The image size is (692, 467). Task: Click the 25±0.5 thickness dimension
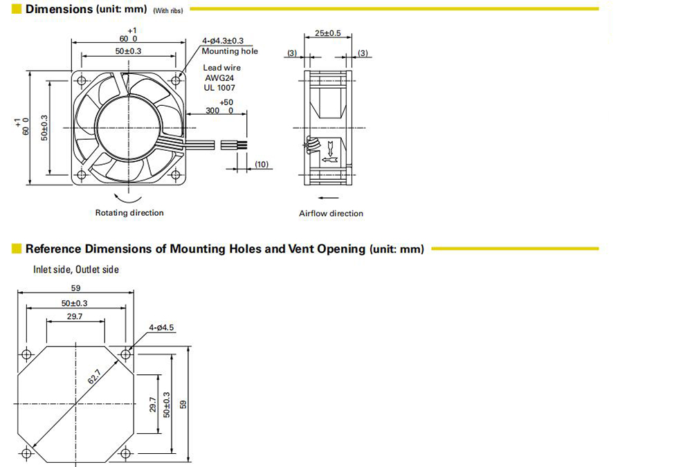[327, 33]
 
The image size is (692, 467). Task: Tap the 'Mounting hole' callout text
[230, 51]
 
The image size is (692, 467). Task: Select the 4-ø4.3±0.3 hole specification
[223, 41]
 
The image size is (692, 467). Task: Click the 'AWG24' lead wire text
[219, 77]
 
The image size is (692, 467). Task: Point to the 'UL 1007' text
[219, 87]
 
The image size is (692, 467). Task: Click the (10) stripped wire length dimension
[262, 164]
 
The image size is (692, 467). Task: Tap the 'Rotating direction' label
[129, 213]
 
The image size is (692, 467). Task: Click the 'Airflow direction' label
[331, 214]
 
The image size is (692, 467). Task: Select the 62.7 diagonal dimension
[94, 376]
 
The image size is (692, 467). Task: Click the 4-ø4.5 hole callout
[161, 327]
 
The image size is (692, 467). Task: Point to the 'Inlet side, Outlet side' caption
[76, 269]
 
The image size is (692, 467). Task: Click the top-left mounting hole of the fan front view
[82, 81]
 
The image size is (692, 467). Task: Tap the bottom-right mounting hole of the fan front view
[176, 175]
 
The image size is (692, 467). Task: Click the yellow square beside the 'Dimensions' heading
[17, 9]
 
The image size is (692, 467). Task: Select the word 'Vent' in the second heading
[301, 249]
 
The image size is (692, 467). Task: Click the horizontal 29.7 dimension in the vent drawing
[75, 316]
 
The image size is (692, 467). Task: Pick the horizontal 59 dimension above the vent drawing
[75, 288]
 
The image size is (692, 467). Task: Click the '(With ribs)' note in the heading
[167, 10]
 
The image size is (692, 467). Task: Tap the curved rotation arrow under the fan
[127, 197]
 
